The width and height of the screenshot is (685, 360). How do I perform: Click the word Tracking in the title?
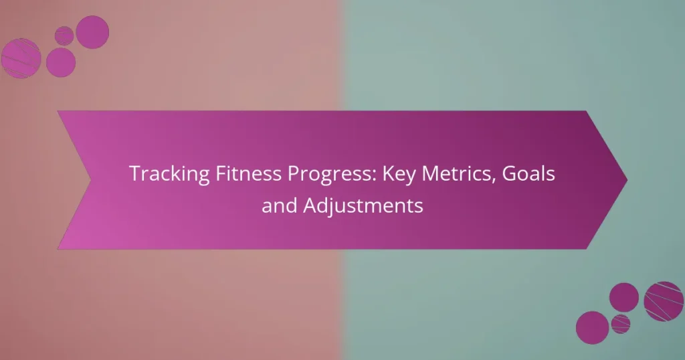[161, 174]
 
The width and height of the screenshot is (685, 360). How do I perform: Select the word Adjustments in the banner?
[363, 206]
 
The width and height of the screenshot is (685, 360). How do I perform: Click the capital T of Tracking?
[134, 174]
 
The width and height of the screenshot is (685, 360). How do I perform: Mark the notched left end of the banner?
[90, 179]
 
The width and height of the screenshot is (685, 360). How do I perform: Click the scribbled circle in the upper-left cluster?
[21, 58]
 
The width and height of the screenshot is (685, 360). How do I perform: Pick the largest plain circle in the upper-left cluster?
[92, 32]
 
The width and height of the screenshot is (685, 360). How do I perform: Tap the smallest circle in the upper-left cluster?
[64, 35]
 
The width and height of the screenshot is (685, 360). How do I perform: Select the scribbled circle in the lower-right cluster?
[663, 301]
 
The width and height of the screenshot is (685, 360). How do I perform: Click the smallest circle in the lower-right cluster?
[621, 323]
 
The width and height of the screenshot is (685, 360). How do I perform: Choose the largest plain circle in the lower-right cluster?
[592, 327]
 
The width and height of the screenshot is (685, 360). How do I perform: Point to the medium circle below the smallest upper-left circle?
[61, 62]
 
